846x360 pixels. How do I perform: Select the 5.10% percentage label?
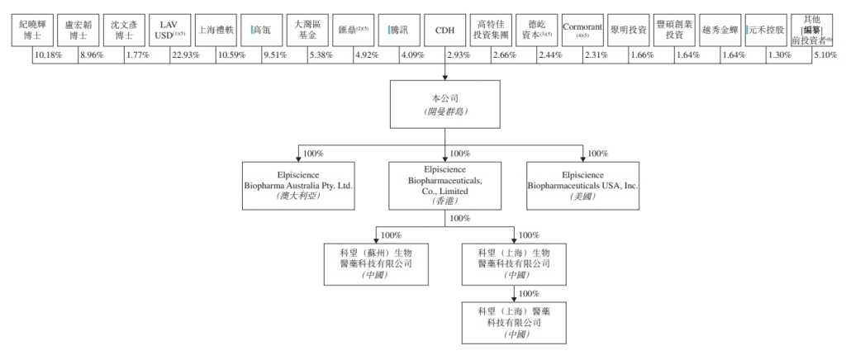[x=825, y=55]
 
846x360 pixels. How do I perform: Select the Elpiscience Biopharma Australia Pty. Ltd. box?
[x=298, y=187]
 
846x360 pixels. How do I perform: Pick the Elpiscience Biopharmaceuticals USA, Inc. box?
[x=583, y=187]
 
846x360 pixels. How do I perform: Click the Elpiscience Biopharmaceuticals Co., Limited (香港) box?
[x=445, y=186]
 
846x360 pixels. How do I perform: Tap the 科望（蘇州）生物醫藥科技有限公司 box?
[x=375, y=263]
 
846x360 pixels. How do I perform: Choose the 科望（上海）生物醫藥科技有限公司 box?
[x=514, y=263]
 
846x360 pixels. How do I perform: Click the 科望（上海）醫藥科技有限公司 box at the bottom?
[x=514, y=322]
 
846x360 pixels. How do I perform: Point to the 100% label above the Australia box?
[x=311, y=154]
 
